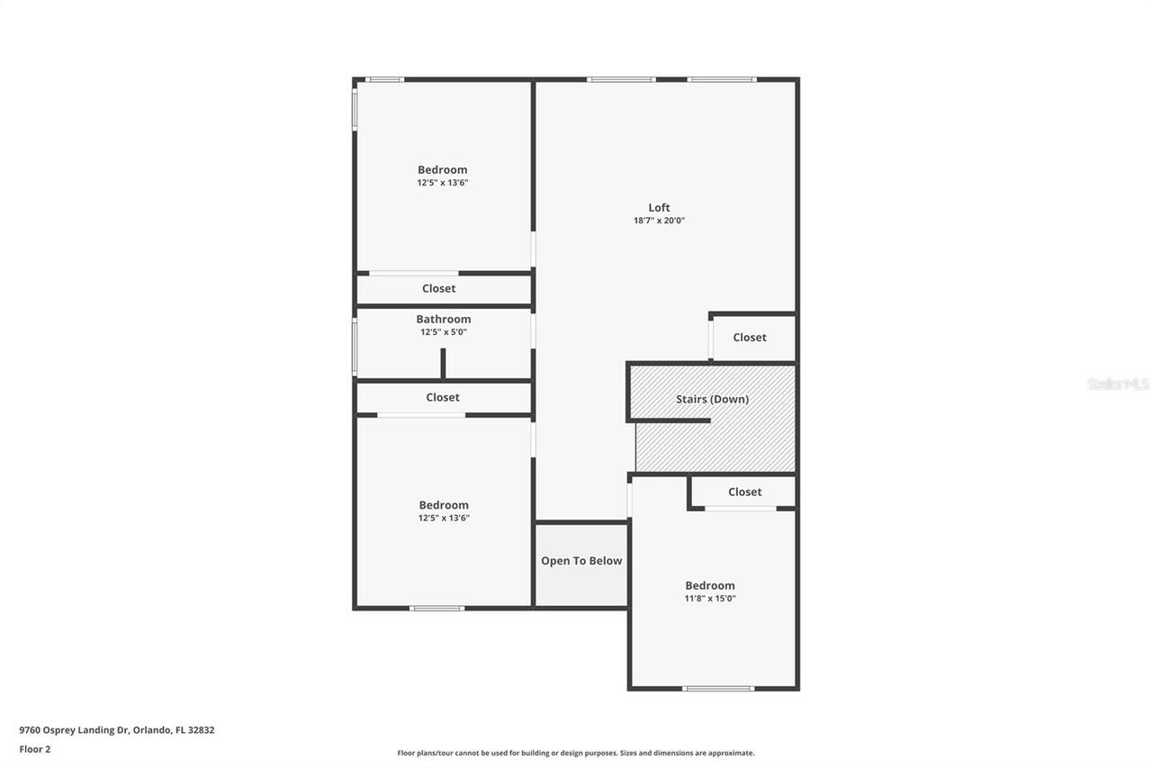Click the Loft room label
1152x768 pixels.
click(659, 208)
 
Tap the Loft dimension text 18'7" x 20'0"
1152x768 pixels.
click(659, 221)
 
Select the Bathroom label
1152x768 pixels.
click(443, 319)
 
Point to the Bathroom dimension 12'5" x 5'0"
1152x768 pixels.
click(443, 332)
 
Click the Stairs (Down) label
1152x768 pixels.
click(712, 399)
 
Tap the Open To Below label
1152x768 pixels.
click(581, 561)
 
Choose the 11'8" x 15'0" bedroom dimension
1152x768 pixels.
click(710, 599)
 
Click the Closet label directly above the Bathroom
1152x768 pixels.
click(439, 289)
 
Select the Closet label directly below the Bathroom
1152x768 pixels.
click(443, 397)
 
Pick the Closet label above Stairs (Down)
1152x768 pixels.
click(749, 338)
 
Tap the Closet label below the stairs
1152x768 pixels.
click(744, 492)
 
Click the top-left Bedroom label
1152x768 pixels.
click(442, 170)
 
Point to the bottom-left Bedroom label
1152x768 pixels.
click(444, 505)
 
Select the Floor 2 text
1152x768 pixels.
click(35, 749)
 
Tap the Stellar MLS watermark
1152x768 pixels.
click(1118, 384)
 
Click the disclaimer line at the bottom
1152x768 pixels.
click(576, 753)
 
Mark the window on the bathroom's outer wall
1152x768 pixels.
click(355, 346)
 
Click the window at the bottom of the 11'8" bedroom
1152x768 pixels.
click(717, 689)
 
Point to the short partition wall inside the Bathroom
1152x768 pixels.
click(443, 363)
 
